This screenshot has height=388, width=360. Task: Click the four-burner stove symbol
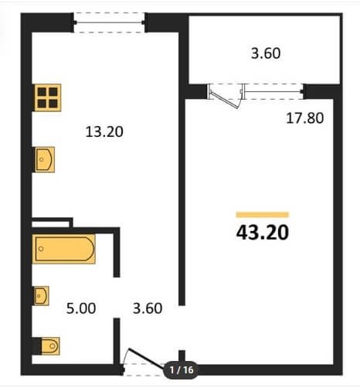pos(48,97)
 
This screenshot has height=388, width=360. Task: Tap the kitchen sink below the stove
pos(45,159)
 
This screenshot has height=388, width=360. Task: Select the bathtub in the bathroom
pos(63,249)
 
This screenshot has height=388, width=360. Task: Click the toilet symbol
pos(50,345)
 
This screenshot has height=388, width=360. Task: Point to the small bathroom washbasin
pos(41,296)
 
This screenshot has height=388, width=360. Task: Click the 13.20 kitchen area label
pos(104,131)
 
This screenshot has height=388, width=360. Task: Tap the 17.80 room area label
pos(305,118)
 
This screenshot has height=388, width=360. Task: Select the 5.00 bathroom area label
pos(81,308)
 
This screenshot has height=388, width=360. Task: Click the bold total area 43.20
pos(263,233)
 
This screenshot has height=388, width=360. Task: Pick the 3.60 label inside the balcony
pos(266,53)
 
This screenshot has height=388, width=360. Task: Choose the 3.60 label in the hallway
pos(148,308)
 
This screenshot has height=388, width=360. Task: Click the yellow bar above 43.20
pos(263,215)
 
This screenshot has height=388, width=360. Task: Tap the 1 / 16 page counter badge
pos(182,370)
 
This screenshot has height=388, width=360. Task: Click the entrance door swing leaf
pos(147,358)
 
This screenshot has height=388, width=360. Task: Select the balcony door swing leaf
pos(223,99)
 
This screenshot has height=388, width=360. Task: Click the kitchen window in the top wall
pos(110,22)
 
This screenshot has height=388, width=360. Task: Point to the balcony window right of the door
pos(273,91)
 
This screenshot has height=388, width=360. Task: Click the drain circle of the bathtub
pos(41,249)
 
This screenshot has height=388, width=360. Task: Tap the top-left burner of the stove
pos(42,91)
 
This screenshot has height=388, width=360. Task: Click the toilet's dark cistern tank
pos(36,345)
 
